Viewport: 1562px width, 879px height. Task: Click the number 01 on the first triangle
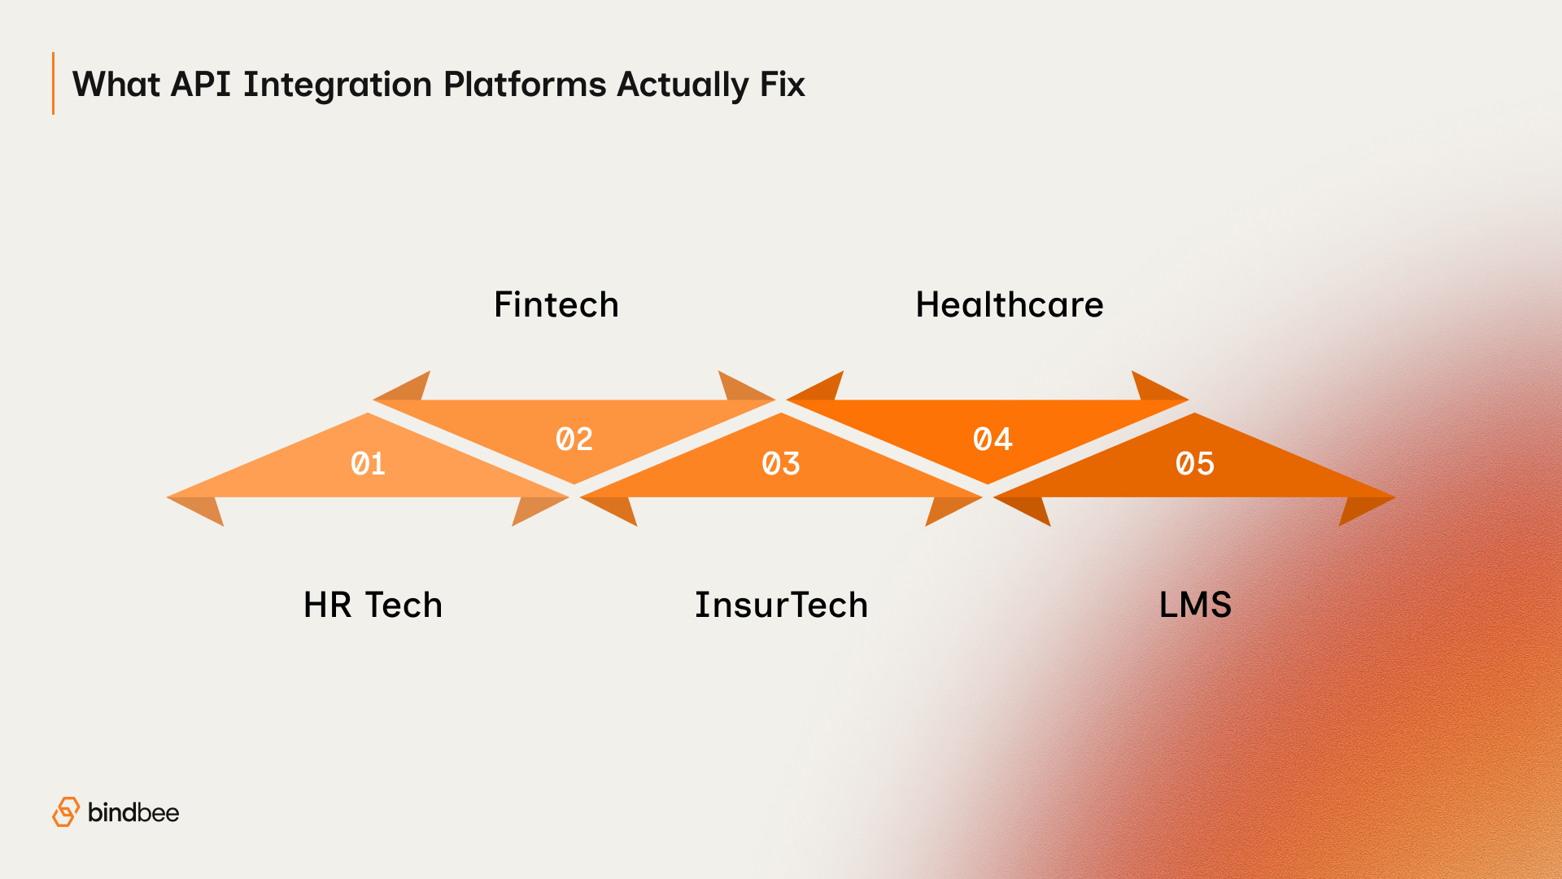coord(368,464)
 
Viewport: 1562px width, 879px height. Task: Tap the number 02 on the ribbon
coord(574,439)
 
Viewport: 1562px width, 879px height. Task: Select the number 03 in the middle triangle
coord(781,464)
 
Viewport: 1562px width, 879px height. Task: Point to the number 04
coord(993,439)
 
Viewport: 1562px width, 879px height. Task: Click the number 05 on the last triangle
coord(1194,464)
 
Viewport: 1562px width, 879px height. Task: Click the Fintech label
coord(556,305)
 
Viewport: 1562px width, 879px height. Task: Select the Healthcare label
coord(1010,305)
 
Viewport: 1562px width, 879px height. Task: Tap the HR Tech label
coord(373,606)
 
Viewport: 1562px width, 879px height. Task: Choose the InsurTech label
coord(781,606)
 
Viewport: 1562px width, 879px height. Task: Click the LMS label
coord(1195,606)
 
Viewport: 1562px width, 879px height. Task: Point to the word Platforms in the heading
coord(525,85)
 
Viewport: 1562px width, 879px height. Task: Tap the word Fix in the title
coord(782,85)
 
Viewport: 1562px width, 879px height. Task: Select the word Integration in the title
coord(337,85)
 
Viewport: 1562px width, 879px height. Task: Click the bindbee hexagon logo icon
coord(66,812)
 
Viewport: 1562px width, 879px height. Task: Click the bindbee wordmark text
coord(133,812)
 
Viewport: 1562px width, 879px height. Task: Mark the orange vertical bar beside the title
coord(53,83)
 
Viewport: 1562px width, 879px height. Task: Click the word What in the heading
coord(116,85)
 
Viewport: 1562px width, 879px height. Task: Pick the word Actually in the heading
coord(682,85)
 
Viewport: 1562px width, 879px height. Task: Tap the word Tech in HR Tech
coord(404,606)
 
